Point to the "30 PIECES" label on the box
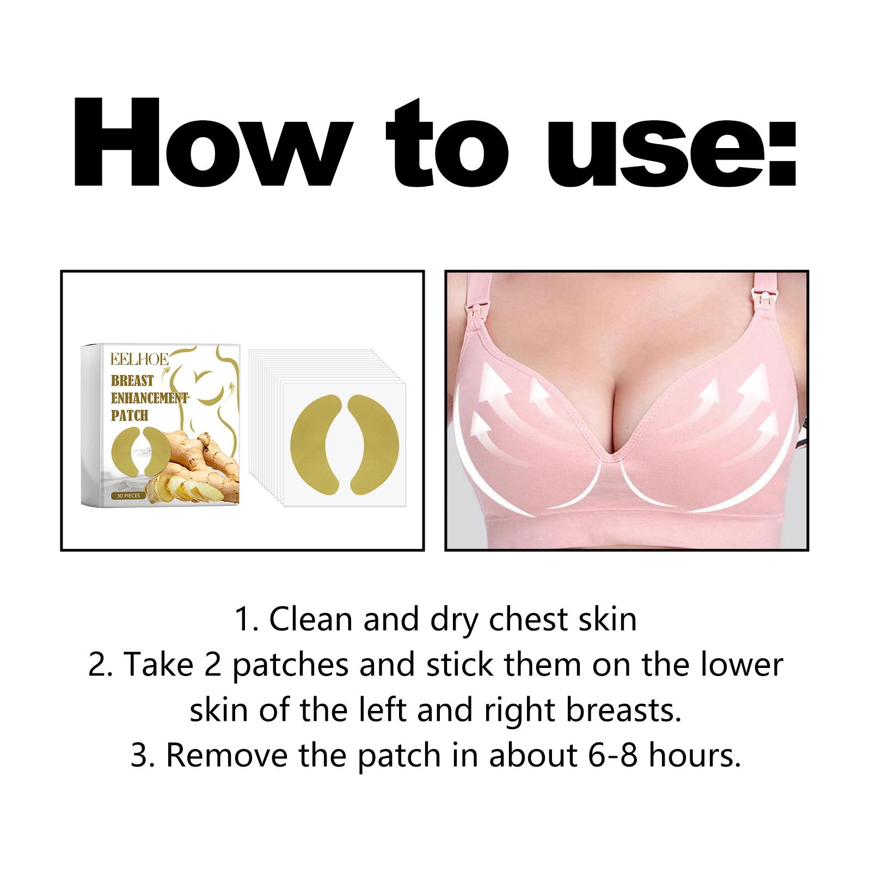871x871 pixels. tap(126, 496)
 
